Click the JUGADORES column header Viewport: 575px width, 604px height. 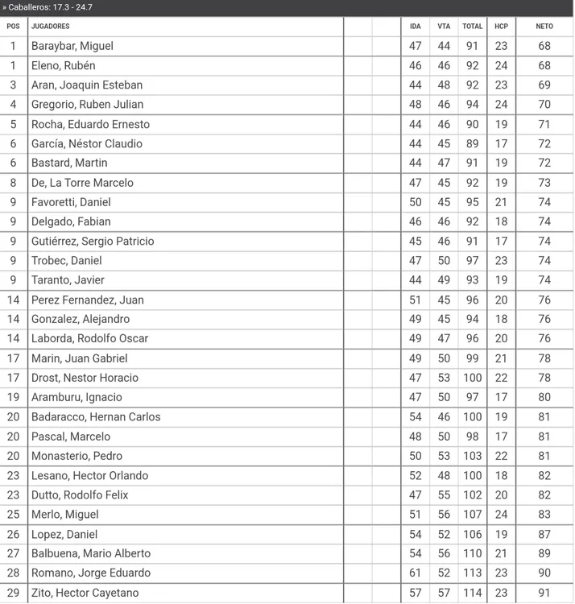[x=50, y=27]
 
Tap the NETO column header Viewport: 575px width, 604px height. [x=544, y=27]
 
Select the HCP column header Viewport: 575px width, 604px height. [x=501, y=27]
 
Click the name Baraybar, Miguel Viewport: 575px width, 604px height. [x=72, y=46]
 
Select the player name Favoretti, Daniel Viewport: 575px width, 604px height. [x=71, y=202]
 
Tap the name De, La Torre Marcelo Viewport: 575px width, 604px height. [x=82, y=183]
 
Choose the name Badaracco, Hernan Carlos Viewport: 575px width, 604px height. [x=96, y=417]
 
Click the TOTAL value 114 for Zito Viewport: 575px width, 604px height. [x=472, y=593]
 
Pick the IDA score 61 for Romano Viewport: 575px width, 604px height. [x=416, y=573]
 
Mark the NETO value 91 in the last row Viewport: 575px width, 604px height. [x=544, y=593]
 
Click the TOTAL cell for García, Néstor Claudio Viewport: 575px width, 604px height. [x=472, y=143]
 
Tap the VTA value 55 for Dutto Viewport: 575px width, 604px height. [x=444, y=495]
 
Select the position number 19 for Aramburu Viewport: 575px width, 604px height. [x=13, y=397]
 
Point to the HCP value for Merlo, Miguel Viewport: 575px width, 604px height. [x=501, y=515]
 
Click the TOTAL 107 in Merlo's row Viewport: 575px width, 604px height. [x=472, y=515]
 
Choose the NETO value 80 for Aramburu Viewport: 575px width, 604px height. [x=544, y=397]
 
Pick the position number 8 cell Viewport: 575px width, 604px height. [x=13, y=183]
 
